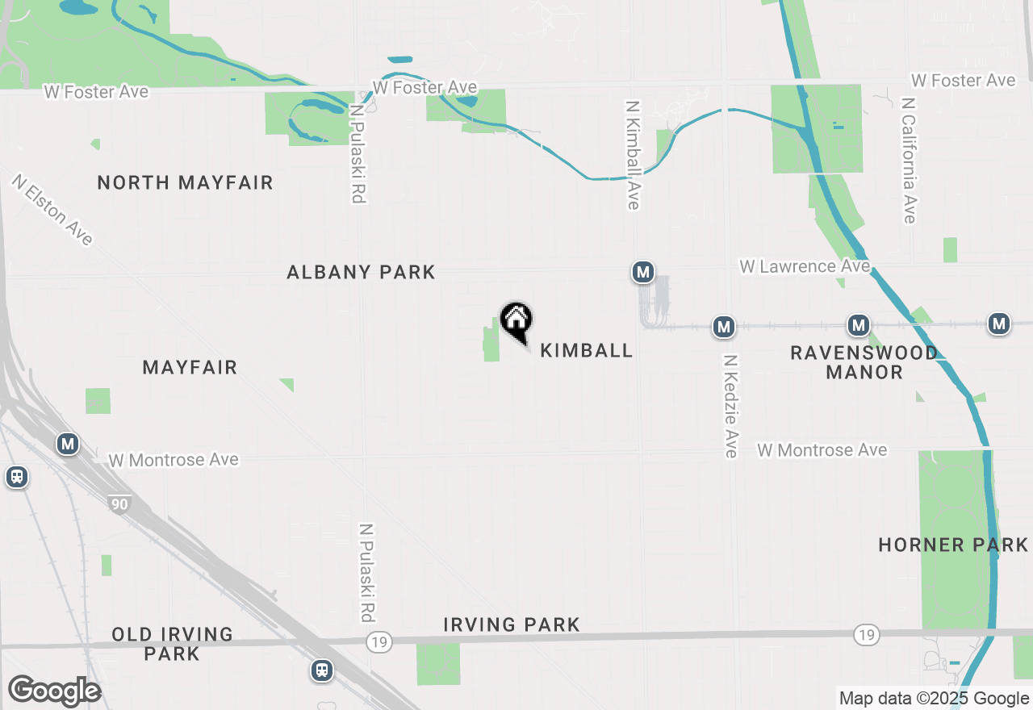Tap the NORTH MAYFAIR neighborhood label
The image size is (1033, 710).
pos(185,182)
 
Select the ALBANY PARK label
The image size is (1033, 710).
pos(361,273)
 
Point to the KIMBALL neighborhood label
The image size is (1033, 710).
pos(586,350)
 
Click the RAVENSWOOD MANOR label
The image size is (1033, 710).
pos(864,362)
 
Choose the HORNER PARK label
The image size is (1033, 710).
pos(953,545)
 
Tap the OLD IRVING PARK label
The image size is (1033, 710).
pos(172,644)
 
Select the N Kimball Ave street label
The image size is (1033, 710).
pos(634,155)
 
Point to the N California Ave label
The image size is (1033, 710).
pos(910,161)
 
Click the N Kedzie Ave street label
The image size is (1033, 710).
pos(731,407)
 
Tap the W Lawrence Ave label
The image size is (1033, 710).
pos(805,266)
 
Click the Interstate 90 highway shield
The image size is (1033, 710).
pos(119,504)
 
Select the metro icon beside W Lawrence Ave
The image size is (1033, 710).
pos(642,273)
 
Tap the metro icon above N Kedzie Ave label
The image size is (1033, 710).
pos(724,327)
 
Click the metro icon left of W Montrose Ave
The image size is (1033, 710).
pos(68,444)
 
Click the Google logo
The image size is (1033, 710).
pos(54,691)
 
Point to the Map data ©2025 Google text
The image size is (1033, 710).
pos(934,699)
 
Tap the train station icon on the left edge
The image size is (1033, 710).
pos(16,477)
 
